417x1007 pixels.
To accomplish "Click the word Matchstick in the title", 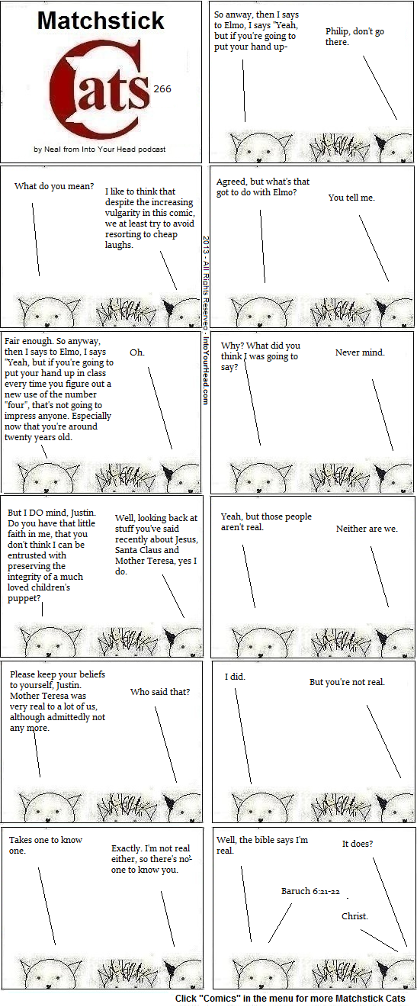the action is click(101, 21).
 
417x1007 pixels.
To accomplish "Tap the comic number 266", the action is click(162, 89).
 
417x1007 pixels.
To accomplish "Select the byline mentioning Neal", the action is click(100, 150).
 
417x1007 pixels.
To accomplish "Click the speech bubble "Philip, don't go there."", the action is click(354, 37).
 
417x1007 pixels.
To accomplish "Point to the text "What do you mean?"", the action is click(54, 186).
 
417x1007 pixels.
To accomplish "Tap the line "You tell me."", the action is click(351, 198).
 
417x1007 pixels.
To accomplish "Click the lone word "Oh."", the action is click(137, 352).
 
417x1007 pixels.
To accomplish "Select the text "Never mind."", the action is click(360, 352).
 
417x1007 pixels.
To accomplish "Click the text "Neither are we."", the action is click(367, 529).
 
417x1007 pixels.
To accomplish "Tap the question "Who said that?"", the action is click(160, 692).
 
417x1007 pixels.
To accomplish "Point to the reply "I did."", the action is click(235, 677).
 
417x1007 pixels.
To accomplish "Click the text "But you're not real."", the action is click(347, 682).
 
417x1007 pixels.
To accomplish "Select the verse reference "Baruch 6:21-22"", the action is click(310, 891).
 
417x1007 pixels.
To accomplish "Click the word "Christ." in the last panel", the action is click(354, 916).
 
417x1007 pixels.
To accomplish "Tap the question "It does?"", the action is click(358, 844).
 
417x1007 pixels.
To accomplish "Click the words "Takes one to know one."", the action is click(46, 845).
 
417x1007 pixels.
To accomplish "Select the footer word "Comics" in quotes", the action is click(220, 999).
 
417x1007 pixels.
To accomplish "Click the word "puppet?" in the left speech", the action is click(24, 598).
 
